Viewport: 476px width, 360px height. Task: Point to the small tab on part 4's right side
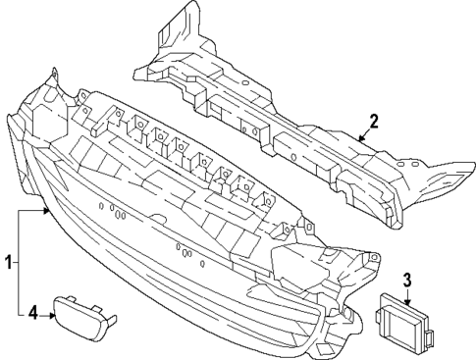pos(115,318)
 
